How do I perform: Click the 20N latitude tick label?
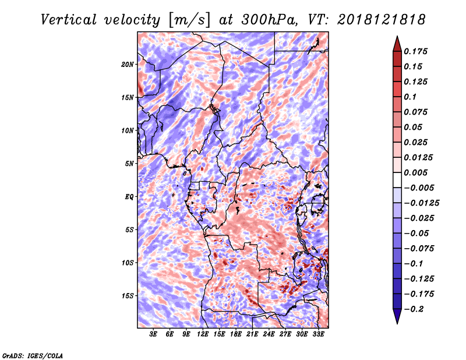click(127, 65)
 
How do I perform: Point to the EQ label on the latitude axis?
click(129, 197)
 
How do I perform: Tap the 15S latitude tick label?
click(128, 296)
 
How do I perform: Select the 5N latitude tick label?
click(129, 164)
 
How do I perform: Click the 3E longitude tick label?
click(153, 334)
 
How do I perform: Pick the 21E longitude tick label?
click(252, 334)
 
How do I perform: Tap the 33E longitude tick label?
click(318, 334)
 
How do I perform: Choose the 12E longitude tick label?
click(203, 334)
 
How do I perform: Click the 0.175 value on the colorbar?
click(415, 51)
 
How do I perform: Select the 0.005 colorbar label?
click(415, 172)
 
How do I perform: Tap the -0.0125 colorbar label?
click(421, 203)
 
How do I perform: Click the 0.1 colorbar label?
click(410, 97)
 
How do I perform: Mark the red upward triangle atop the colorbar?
click(397, 44)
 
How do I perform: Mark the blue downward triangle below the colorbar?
click(397, 316)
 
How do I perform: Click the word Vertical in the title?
click(69, 20)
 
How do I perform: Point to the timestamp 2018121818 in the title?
click(382, 20)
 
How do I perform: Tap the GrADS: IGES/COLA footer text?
click(33, 355)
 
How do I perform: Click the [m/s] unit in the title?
click(189, 20)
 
